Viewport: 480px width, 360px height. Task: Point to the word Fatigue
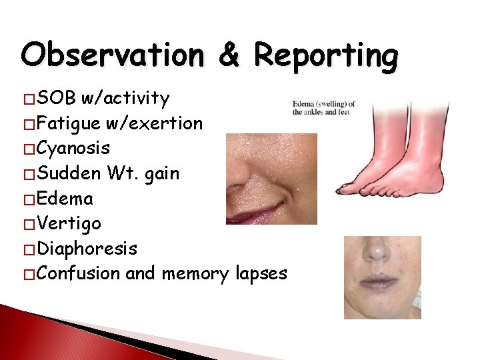69,123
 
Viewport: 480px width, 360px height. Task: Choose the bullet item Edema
65,199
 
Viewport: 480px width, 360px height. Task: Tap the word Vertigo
69,223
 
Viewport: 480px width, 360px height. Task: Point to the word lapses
259,273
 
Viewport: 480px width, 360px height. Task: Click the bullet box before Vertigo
29,224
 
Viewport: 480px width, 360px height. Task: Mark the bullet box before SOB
29,99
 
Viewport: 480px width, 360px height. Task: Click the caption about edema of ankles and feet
323,107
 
